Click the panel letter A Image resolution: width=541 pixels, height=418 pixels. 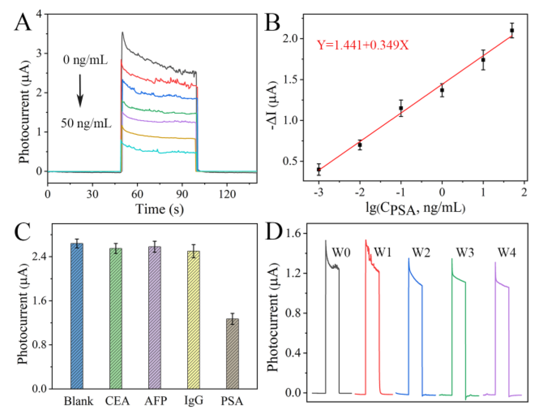(x=23, y=23)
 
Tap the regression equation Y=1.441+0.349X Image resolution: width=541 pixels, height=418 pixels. (x=363, y=45)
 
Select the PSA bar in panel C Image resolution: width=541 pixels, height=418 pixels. (x=232, y=354)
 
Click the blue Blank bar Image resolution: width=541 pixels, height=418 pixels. (x=77, y=316)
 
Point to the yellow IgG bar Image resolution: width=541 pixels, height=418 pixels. (x=194, y=320)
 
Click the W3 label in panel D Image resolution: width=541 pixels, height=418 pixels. (x=465, y=253)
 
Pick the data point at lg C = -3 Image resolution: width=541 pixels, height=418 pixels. (x=319, y=170)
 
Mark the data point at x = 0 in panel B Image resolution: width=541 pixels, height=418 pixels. (x=442, y=90)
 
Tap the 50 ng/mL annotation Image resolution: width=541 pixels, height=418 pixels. (x=86, y=123)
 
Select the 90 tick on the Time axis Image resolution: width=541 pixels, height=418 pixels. (x=182, y=194)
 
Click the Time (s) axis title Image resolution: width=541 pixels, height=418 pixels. (x=160, y=209)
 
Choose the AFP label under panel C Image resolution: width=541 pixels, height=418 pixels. (x=155, y=401)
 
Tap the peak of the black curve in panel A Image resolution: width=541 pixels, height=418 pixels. (x=122, y=33)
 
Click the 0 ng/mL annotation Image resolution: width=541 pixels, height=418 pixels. (x=85, y=60)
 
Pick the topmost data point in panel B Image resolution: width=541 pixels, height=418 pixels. (x=512, y=31)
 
